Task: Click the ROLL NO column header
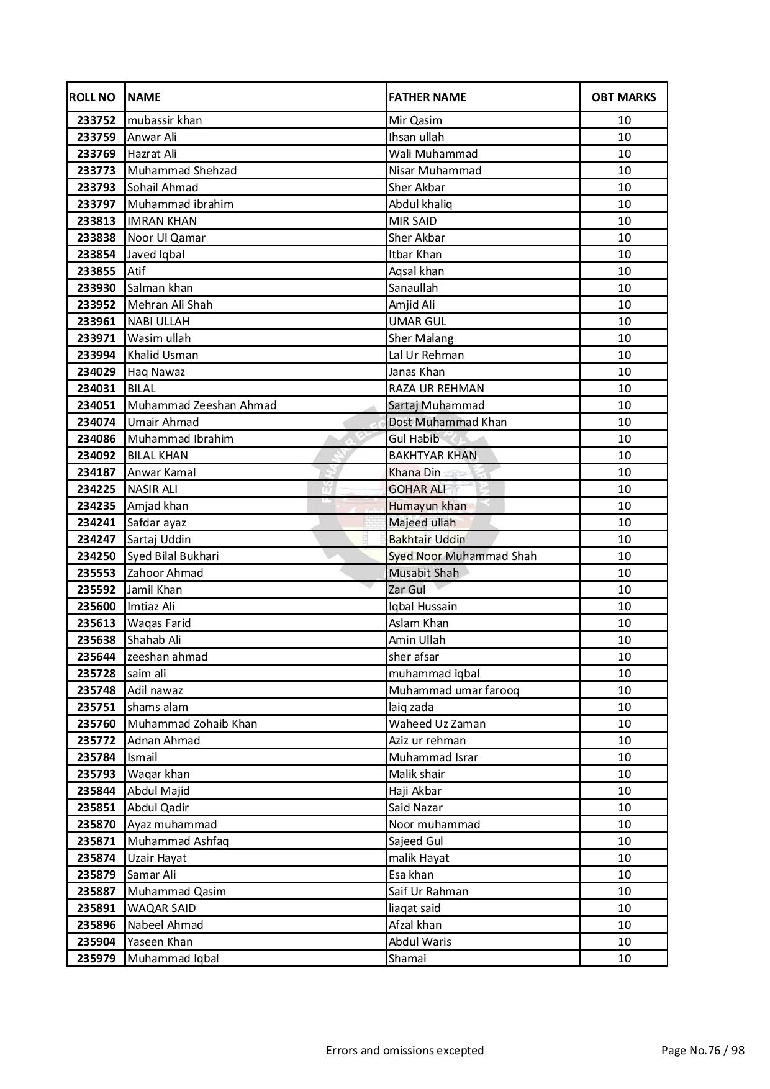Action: pos(92,97)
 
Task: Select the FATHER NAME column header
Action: pos(427,97)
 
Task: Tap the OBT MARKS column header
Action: pos(623,97)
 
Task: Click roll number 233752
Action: pos(96,120)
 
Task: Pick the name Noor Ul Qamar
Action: pos(166,238)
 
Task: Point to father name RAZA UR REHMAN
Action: pos(436,389)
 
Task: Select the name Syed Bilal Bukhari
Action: pos(173,556)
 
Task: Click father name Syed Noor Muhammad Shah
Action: pos(462,556)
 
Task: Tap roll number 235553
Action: pos(96,573)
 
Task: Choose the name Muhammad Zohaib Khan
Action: pos(192,724)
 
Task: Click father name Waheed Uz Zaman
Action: pos(437,724)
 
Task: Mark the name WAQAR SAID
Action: pos(161,908)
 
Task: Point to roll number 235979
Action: pos(96,959)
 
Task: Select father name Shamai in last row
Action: pos(407,959)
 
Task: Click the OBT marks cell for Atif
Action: pos(623,271)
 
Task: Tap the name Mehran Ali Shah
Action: pos(170,305)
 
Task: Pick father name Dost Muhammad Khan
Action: pos(447,422)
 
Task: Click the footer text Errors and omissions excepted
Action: pos(405,1051)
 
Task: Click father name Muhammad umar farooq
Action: pos(453,690)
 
